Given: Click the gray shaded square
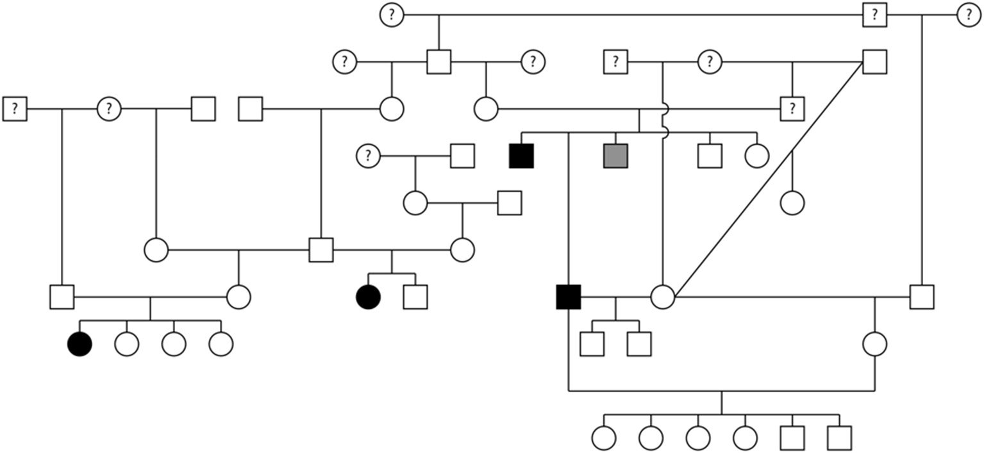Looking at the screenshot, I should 615,156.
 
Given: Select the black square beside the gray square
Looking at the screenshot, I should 521,156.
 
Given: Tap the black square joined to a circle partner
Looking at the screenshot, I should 569,297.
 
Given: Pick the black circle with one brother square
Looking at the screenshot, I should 368,297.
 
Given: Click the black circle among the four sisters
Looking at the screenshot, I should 79,344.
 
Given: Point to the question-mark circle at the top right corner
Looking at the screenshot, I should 968,15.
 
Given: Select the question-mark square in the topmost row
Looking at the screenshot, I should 874,15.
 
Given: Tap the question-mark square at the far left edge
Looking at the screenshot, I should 15,109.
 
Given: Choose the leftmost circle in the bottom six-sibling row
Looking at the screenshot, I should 603,438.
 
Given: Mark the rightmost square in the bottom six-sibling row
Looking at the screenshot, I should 839,438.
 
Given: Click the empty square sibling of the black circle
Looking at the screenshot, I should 415,297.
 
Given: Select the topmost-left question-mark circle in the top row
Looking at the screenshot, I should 391,15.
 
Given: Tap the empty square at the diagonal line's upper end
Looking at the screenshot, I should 874,62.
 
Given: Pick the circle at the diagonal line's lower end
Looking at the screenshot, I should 663,297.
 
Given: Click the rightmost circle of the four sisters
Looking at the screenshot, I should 221,344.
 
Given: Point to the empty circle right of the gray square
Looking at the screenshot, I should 757,156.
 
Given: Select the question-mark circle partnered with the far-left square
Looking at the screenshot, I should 109,109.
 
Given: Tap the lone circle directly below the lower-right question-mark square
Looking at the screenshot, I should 792,202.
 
